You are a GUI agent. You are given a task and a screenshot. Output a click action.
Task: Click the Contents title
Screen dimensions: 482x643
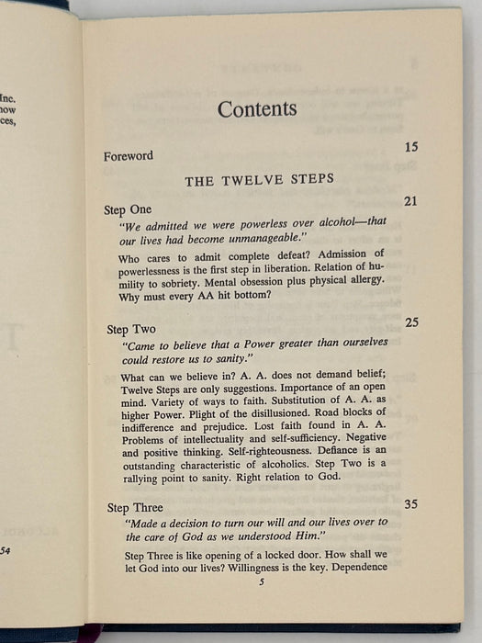click(256, 109)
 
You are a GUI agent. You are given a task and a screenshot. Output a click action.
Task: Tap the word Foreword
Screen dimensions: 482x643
click(129, 156)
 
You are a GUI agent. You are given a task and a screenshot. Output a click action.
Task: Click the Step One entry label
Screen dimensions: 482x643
click(128, 210)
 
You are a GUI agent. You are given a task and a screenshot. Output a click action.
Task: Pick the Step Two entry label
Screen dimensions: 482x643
click(130, 329)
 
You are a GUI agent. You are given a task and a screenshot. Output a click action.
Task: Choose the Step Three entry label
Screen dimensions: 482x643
click(135, 507)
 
